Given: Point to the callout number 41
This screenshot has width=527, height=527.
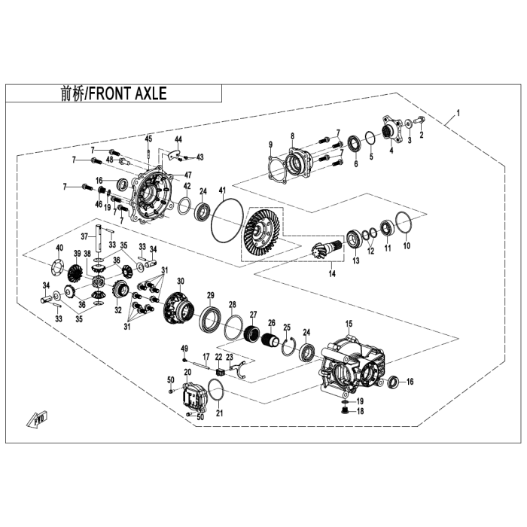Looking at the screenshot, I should (222, 188).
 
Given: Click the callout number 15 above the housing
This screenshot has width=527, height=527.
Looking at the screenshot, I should (349, 323).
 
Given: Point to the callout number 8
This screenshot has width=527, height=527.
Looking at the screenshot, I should (292, 136).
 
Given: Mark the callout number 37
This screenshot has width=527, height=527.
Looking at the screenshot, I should (96, 235).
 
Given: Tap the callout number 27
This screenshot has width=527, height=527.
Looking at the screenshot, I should (254, 315).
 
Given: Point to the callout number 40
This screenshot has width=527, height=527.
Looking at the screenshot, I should (59, 248).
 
